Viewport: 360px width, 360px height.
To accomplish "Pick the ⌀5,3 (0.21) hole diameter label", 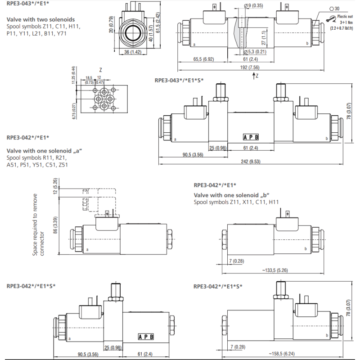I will point(257,52).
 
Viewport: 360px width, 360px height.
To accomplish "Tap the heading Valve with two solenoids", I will point(40,19).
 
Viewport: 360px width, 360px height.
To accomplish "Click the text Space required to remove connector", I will point(39,225).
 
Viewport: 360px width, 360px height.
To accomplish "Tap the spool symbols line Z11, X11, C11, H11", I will point(236,202).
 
